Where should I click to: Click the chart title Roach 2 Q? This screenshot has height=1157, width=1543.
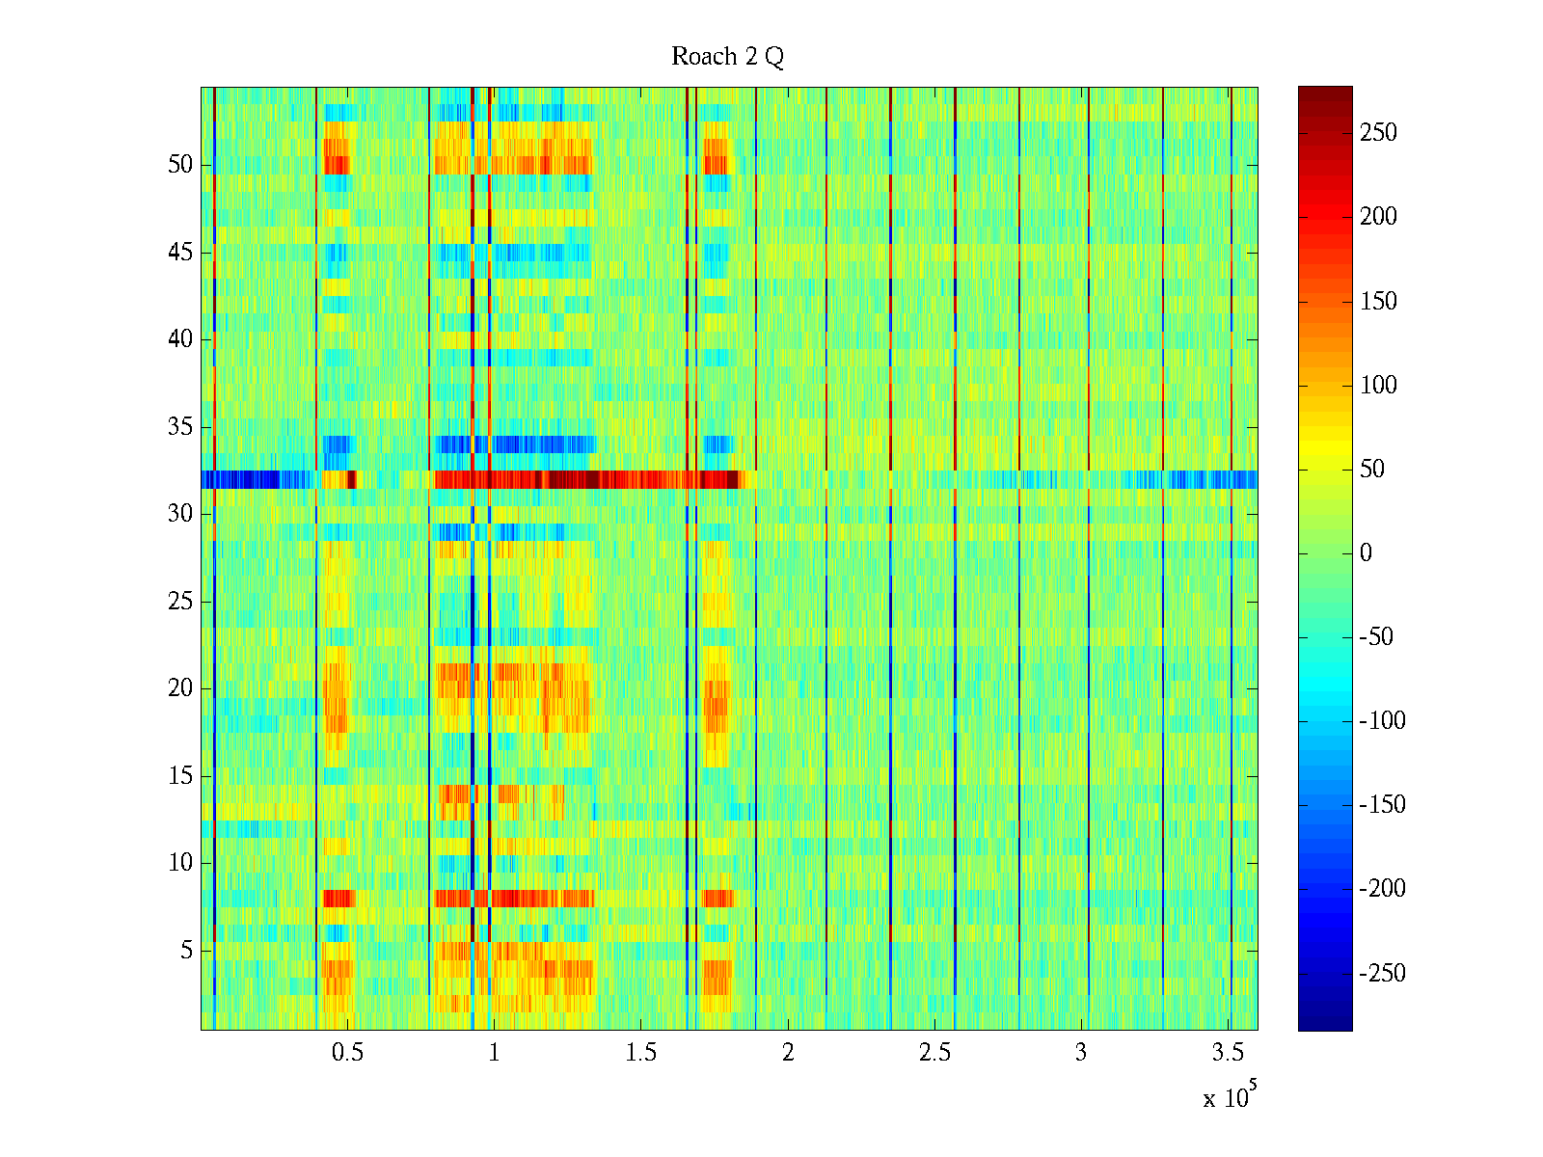727,58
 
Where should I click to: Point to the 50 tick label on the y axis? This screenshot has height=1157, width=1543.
180,165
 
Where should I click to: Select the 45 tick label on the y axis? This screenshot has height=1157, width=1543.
180,253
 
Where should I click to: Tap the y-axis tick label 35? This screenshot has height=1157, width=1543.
180,427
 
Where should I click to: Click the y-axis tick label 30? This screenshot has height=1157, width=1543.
180,514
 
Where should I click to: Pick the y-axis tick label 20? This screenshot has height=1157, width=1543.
180,688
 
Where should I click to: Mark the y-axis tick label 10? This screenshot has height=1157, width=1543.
180,863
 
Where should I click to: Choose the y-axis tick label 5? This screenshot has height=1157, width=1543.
186,951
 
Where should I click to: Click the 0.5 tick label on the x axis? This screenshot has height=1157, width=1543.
347,1053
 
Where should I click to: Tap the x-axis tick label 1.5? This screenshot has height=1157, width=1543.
641,1053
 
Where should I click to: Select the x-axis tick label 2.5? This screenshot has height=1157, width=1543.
934,1053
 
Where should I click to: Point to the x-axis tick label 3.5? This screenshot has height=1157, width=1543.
1228,1053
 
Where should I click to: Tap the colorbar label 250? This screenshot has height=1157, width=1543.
1378,133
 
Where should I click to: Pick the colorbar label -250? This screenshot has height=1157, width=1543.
1382,973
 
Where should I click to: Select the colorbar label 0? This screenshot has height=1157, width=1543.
1366,553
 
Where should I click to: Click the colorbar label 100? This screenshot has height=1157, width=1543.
1378,386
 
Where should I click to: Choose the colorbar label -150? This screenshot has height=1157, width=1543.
1382,805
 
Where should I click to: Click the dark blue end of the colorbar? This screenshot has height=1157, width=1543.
1325,1025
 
